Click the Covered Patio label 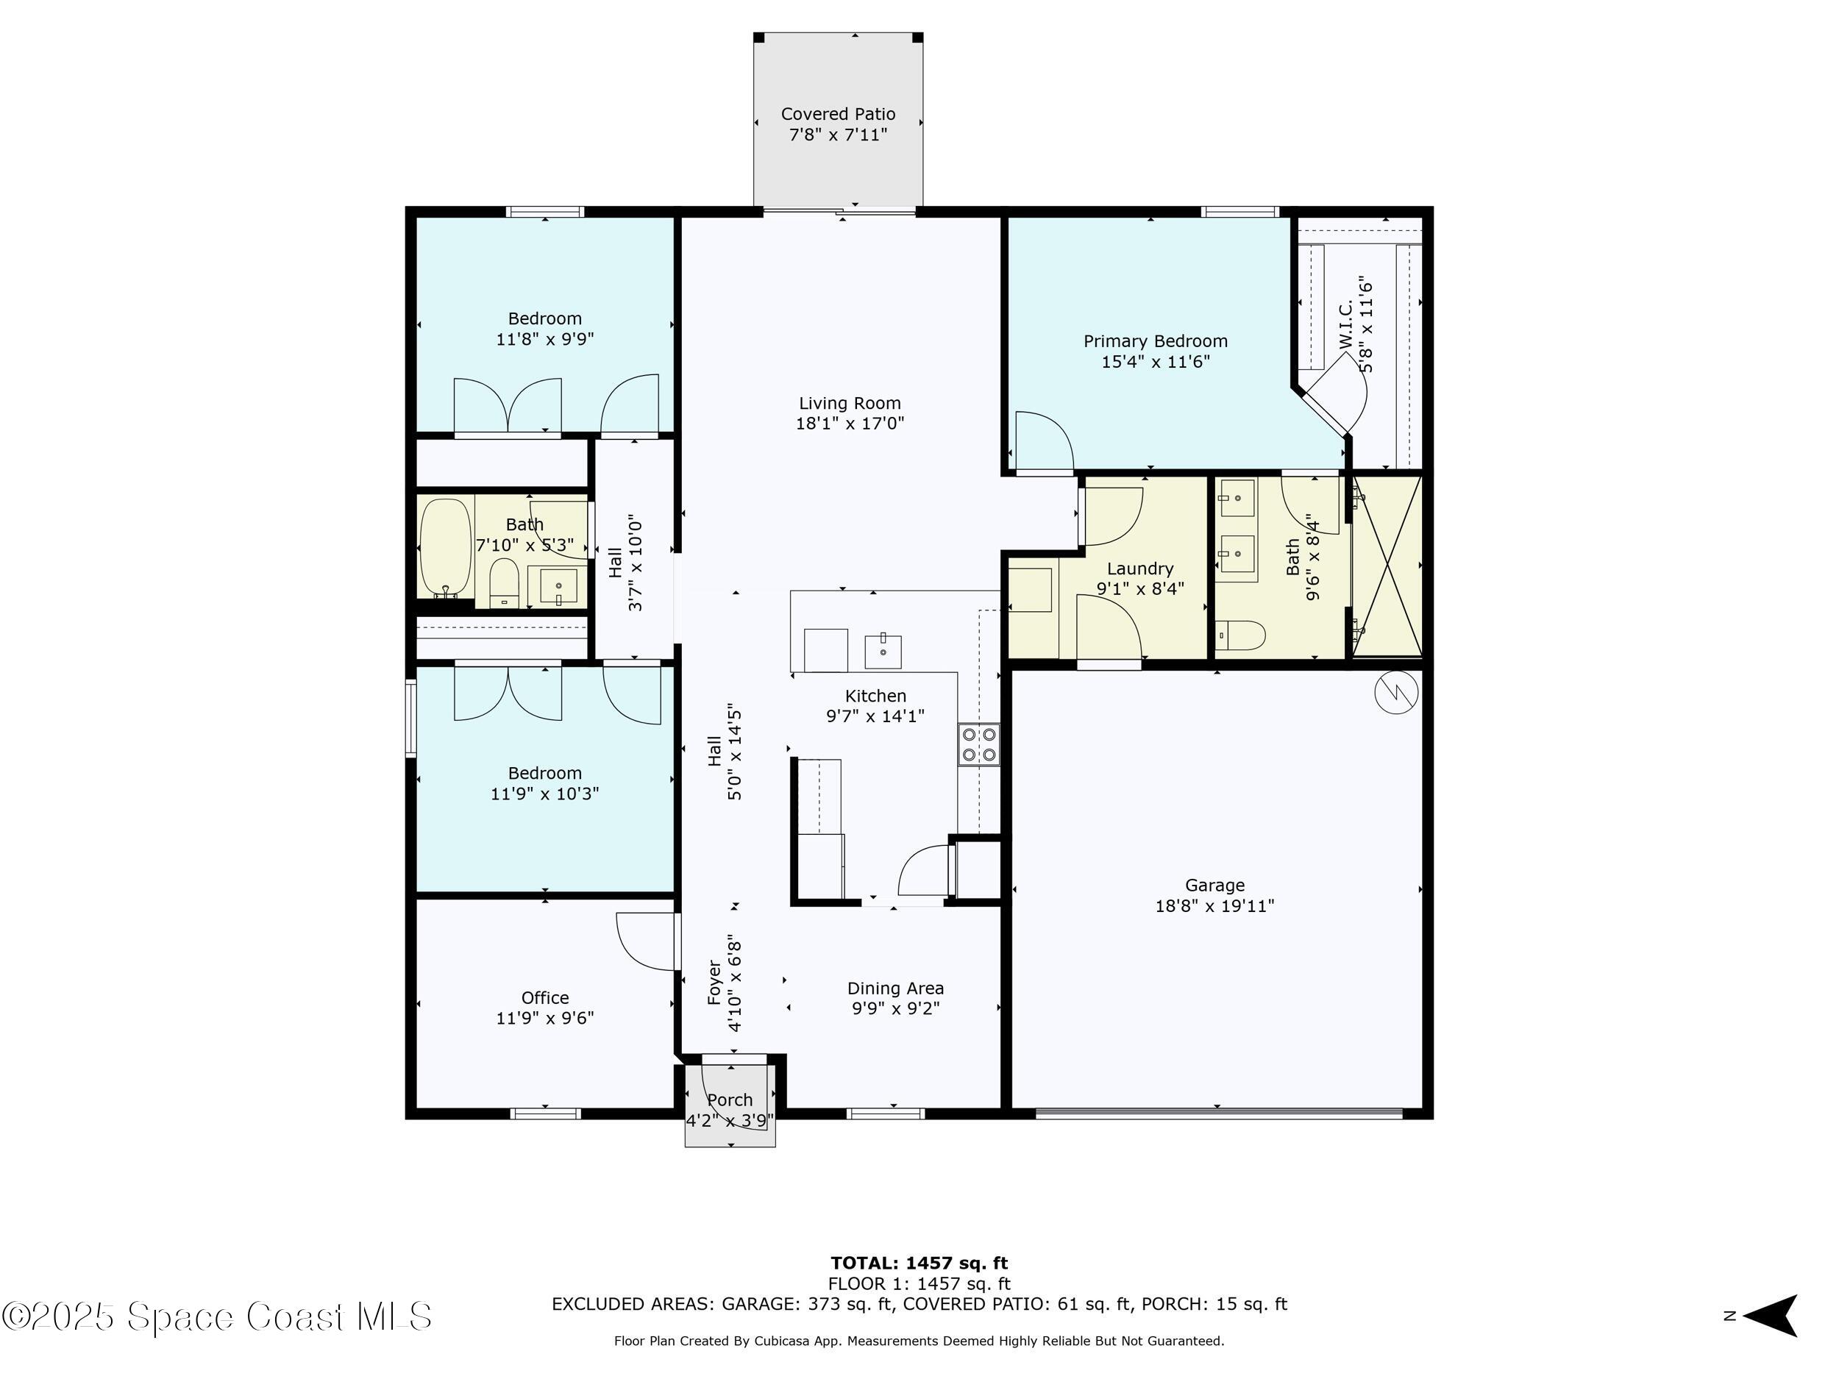pos(838,114)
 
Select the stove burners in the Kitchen pos(978,744)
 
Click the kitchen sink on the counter pos(882,652)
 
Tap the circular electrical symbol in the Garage pos(1396,691)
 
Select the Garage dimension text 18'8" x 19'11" pos(1214,906)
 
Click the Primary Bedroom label pos(1155,341)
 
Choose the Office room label pos(544,997)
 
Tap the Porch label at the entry pos(729,1100)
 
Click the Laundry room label pos(1140,569)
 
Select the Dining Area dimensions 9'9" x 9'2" pos(894,1008)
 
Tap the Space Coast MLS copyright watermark pos(217,1316)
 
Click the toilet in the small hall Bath pos(504,582)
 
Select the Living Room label pos(849,403)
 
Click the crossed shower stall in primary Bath pos(1387,566)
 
